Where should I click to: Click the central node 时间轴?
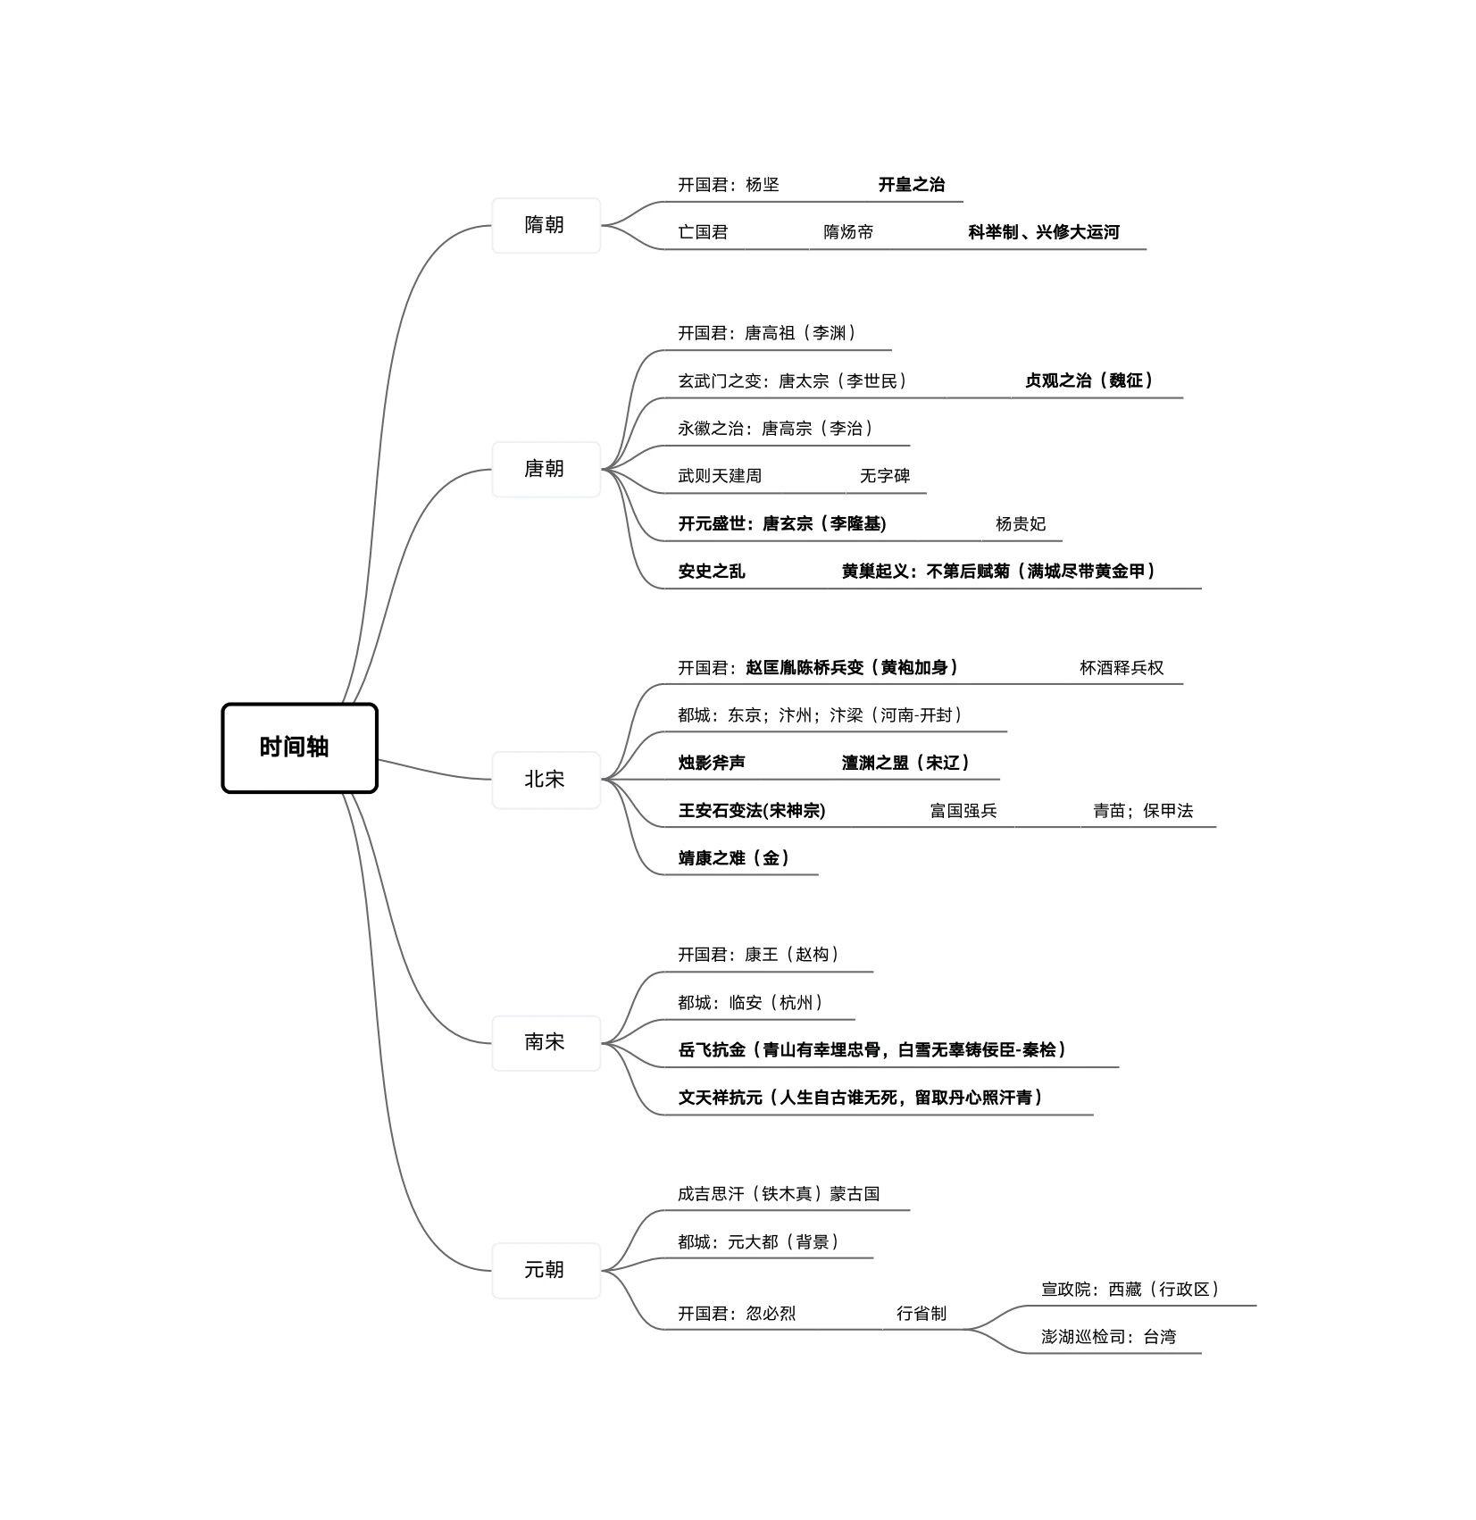[x=299, y=747]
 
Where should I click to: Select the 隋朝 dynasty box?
[x=546, y=225]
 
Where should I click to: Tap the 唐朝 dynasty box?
[x=546, y=469]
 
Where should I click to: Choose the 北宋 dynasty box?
[x=546, y=780]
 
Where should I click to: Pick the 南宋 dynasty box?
[x=546, y=1042]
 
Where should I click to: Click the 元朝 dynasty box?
[x=546, y=1270]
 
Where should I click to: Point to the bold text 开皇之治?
[x=911, y=185]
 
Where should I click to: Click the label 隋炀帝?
[x=847, y=232]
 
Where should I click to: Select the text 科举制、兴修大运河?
[x=1043, y=232]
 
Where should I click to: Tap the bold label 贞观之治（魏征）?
[x=1088, y=380]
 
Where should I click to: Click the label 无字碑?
[x=884, y=476]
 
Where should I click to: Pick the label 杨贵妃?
[x=1020, y=524]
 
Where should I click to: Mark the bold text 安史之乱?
[x=711, y=572]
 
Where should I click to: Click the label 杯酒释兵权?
[x=1121, y=668]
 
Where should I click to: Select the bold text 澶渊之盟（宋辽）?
[x=905, y=763]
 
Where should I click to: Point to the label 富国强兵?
[x=963, y=811]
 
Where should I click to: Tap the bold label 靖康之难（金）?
[x=734, y=858]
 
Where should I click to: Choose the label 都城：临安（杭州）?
[x=750, y=1003]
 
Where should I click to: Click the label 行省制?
[x=921, y=1314]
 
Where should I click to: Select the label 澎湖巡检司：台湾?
[x=1107, y=1337]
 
